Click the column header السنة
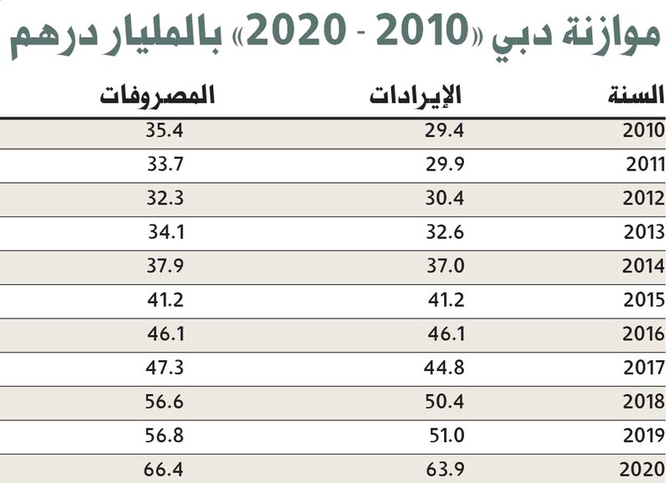coord(636,94)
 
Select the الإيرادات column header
coord(415,94)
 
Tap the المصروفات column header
coord(157,94)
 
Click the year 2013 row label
coord(644,232)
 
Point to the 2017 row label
coord(644,368)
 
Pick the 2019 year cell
coord(644,435)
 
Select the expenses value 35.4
coord(165,130)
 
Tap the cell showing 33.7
coord(165,165)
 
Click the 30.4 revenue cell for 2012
coord(444,199)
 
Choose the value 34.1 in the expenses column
coord(166,232)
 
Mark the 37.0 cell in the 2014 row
coord(445,267)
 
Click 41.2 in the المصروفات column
coord(166,300)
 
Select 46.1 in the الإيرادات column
coord(446,333)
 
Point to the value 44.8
coord(444,368)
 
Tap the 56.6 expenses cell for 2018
coord(164,402)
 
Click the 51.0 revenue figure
coord(447,435)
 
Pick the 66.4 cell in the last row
coord(163,470)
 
